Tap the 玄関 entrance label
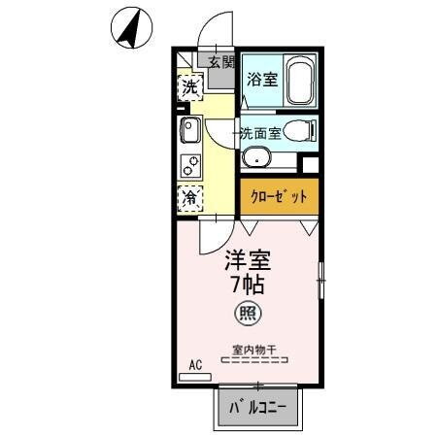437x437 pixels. point(220,62)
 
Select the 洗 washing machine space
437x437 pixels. point(190,87)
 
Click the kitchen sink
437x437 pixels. point(189,129)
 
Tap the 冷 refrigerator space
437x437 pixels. point(190,197)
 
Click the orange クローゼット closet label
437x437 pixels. point(280,195)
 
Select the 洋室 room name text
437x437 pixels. point(249,261)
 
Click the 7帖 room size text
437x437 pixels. point(249,286)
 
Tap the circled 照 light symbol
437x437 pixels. point(249,314)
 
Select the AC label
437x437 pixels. point(195,366)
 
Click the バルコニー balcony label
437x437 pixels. point(258,408)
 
